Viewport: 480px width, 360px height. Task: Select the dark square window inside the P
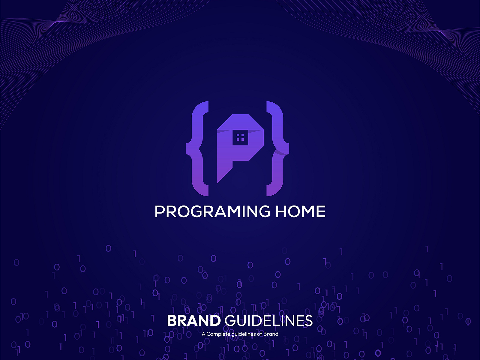click(x=240, y=137)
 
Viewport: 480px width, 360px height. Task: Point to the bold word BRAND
click(x=194, y=321)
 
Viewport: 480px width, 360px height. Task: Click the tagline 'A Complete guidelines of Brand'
click(x=240, y=334)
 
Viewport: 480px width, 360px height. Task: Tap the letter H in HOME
click(x=281, y=211)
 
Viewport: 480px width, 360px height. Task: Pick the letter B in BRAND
click(x=172, y=321)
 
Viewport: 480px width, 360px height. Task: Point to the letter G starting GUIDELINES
click(x=230, y=321)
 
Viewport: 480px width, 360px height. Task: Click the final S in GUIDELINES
click(x=309, y=321)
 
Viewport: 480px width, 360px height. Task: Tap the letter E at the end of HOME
click(x=321, y=211)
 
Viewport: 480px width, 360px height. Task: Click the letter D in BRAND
click(x=215, y=321)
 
